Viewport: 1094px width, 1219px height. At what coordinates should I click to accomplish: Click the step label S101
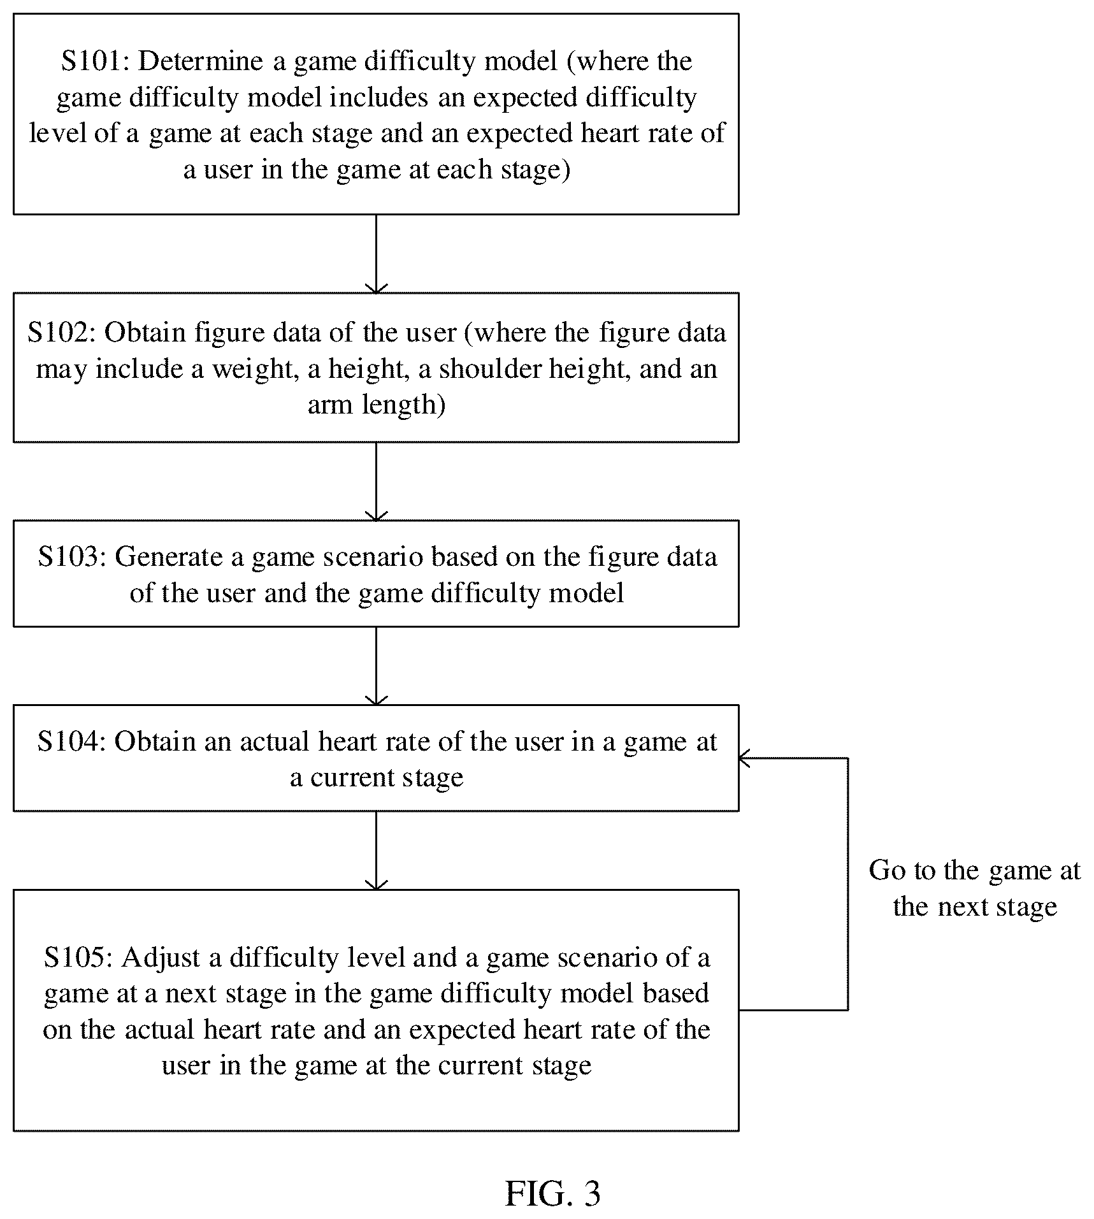click(95, 62)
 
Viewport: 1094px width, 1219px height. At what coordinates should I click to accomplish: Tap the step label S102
click(61, 333)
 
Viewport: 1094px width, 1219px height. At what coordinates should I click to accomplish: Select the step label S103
click(71, 557)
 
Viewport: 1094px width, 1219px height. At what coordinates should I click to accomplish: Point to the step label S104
click(71, 742)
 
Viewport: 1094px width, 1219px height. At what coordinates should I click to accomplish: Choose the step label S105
click(78, 958)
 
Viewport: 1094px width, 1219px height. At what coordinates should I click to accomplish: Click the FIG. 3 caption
click(552, 1194)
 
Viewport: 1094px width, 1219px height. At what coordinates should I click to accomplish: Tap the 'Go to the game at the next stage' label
click(975, 888)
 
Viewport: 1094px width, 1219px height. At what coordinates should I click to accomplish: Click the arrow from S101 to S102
click(377, 254)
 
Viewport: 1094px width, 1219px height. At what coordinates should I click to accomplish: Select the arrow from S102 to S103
click(377, 481)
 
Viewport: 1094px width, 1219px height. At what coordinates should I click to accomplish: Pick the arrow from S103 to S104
click(377, 666)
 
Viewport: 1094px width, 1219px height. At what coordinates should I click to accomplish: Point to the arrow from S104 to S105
click(377, 851)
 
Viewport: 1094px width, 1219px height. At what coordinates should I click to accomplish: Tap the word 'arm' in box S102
click(330, 406)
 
